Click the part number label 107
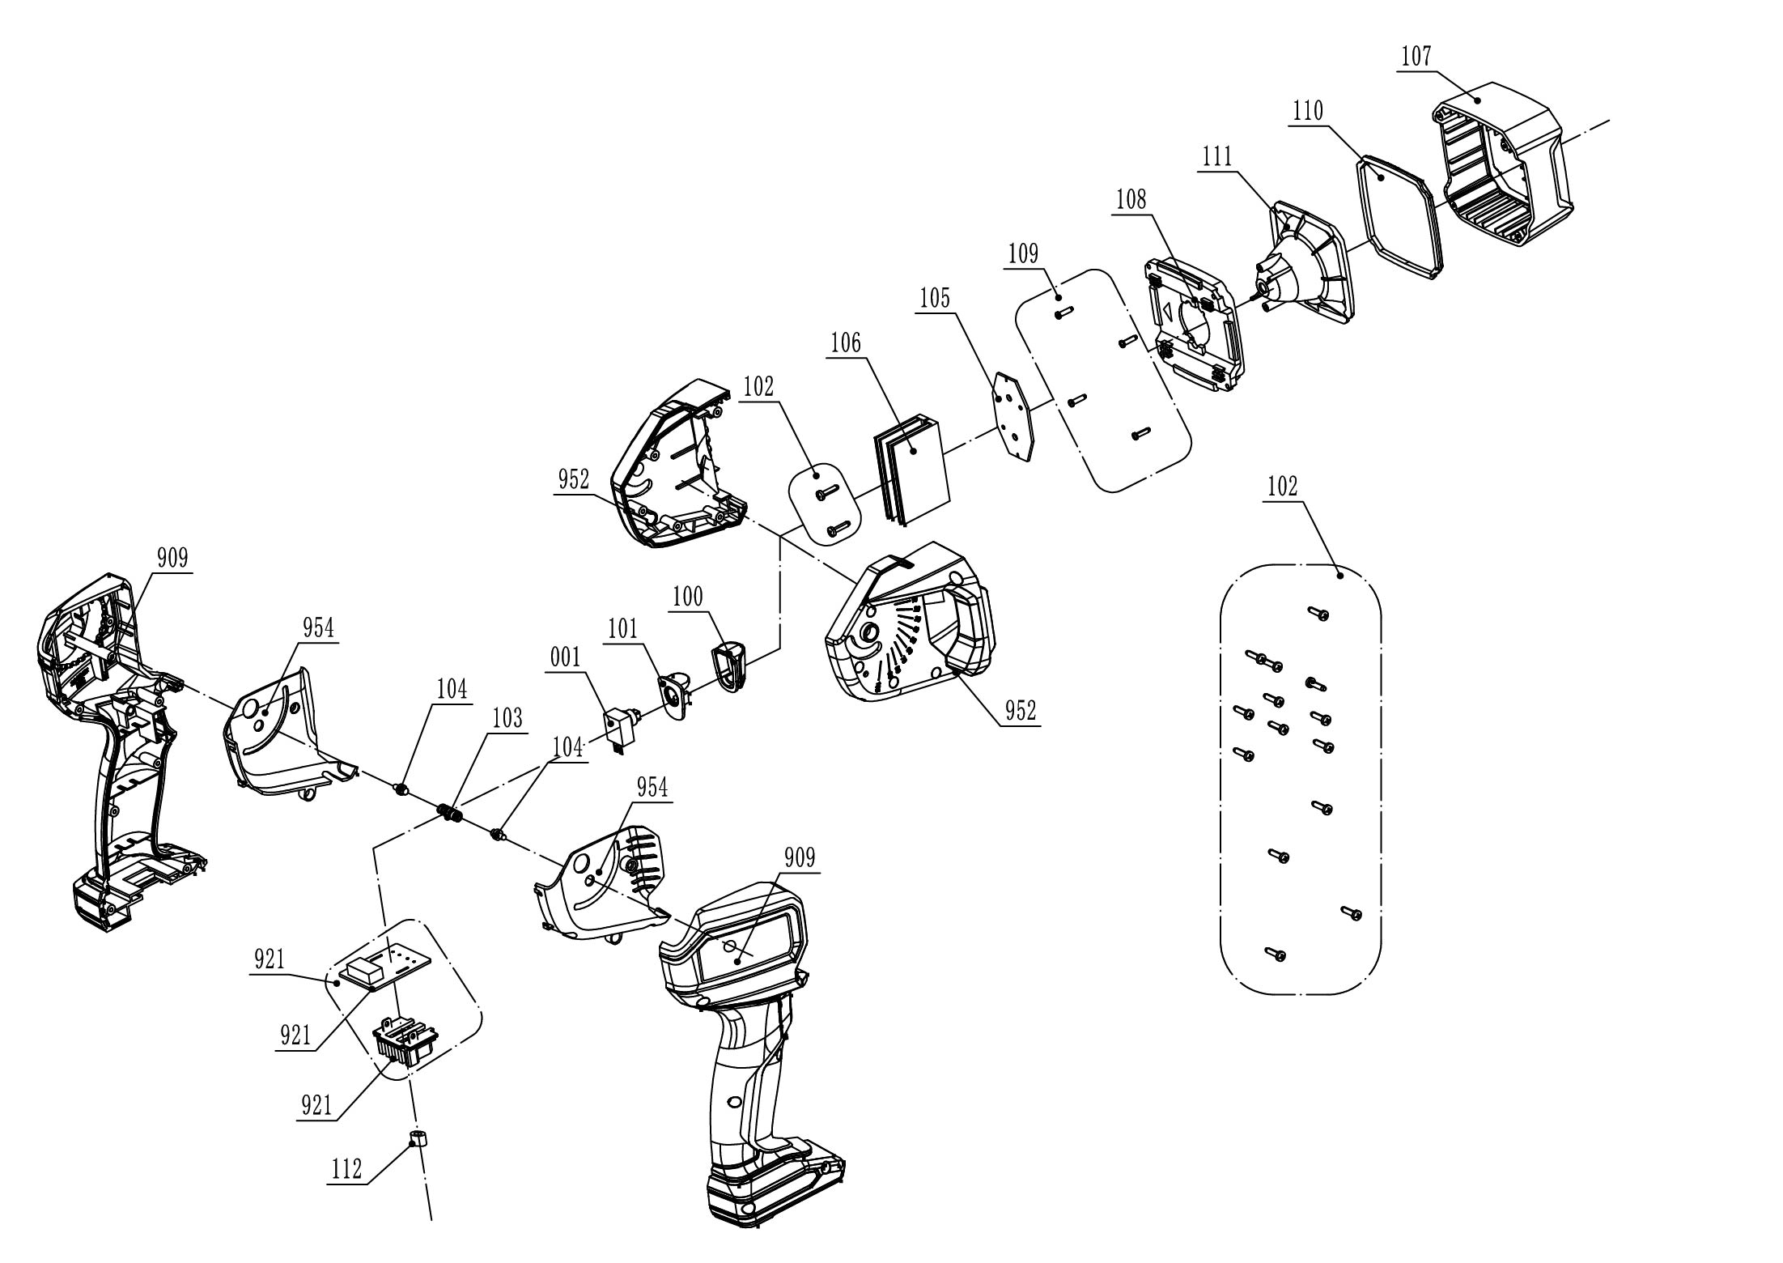coord(1416,57)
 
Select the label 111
coord(1217,156)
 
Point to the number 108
coord(1131,199)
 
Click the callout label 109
coord(1023,253)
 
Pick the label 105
coord(934,299)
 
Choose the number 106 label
coord(845,343)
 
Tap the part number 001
coord(566,657)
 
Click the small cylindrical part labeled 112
coord(418,1141)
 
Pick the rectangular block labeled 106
coord(911,470)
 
